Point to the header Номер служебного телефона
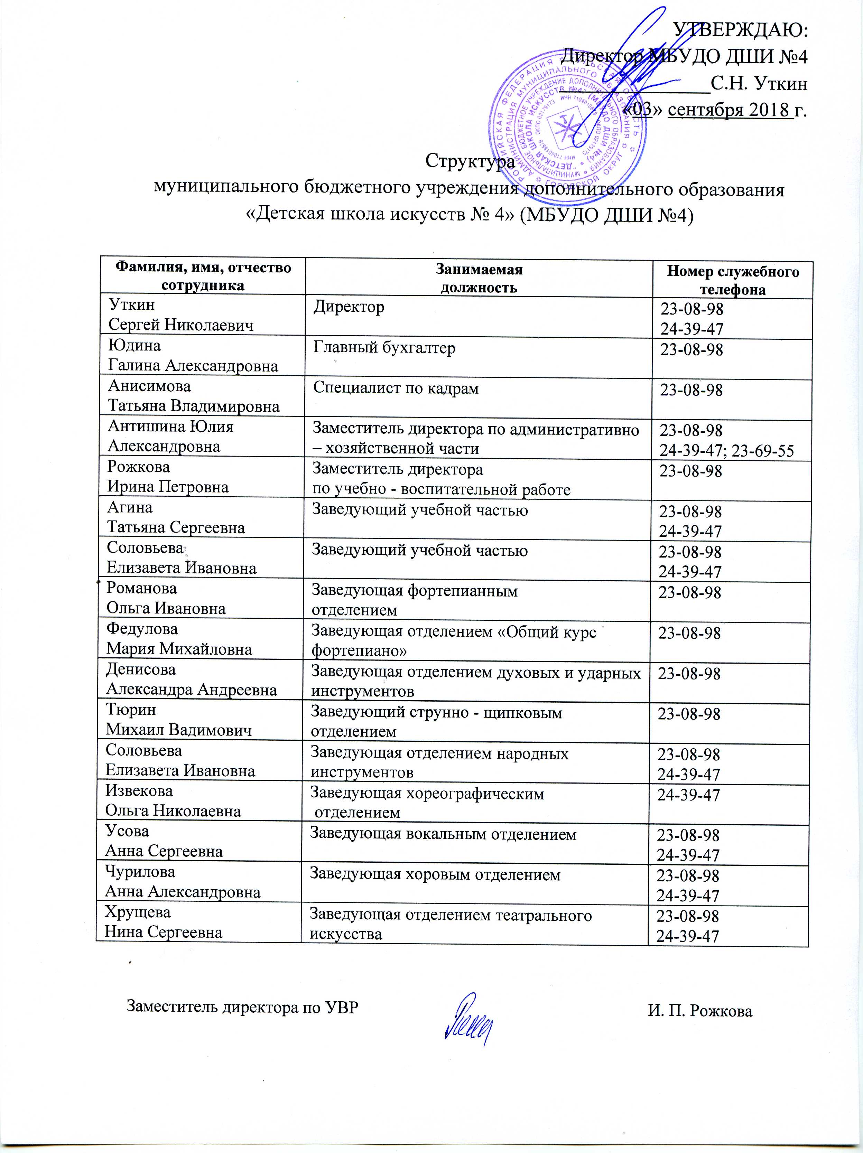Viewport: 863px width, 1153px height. pos(733,281)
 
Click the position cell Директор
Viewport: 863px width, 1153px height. pos(349,307)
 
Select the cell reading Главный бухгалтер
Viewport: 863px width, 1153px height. pos(384,348)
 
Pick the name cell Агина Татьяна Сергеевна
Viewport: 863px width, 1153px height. pos(176,518)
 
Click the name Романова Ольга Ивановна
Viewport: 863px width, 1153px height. pos(166,598)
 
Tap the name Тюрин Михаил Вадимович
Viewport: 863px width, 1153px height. pos(178,720)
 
